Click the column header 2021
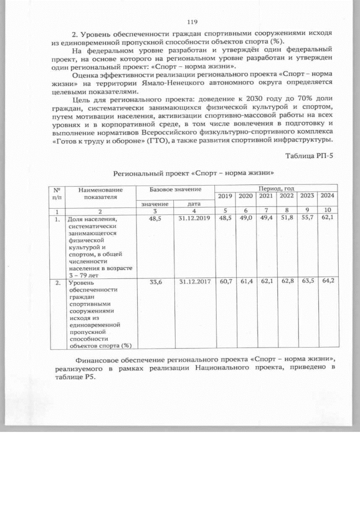(265, 196)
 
